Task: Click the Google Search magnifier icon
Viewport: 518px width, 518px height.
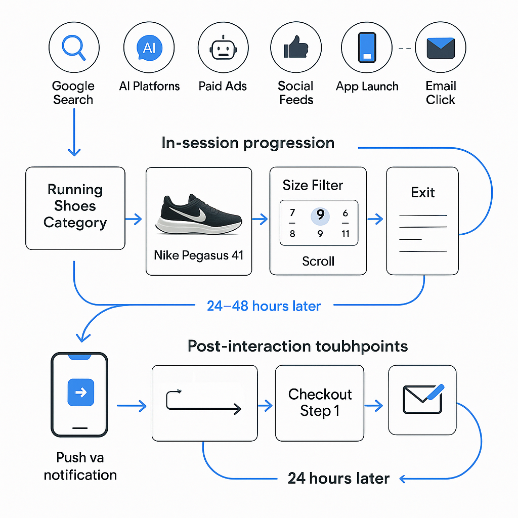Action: [73, 48]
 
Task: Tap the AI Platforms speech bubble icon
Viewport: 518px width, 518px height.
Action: [149, 48]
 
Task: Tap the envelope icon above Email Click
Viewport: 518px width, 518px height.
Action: [441, 49]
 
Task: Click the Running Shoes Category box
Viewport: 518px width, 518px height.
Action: [75, 208]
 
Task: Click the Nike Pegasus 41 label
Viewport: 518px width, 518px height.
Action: [199, 255]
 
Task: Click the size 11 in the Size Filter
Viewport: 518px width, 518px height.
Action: [346, 234]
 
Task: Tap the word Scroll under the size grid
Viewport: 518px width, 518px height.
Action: [318, 261]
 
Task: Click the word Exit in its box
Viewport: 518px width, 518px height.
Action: [423, 192]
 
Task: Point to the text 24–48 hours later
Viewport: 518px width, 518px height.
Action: [264, 306]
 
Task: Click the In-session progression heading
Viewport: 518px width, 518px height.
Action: [248, 143]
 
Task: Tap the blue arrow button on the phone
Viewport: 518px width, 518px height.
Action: [80, 393]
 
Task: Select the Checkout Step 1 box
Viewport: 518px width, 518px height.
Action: [320, 403]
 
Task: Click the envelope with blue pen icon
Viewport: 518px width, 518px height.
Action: [423, 398]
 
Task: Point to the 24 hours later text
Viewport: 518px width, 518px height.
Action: [338, 478]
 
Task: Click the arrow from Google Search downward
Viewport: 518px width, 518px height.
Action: [74, 132]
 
